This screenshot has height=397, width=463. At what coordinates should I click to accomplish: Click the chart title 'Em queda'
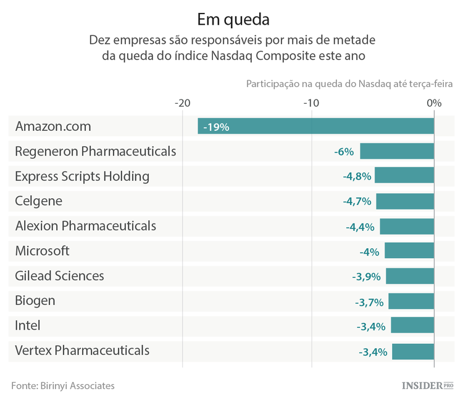pyautogui.click(x=233, y=19)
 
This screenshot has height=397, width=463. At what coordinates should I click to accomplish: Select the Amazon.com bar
pyautogui.click(x=315, y=126)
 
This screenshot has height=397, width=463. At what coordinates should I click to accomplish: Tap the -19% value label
pyautogui.click(x=216, y=127)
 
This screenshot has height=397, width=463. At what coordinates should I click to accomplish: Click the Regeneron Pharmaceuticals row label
pyautogui.click(x=96, y=151)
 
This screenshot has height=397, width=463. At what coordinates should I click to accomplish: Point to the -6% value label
pyautogui.click(x=343, y=152)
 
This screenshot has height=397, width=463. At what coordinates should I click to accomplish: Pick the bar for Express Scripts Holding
pyautogui.click(x=404, y=176)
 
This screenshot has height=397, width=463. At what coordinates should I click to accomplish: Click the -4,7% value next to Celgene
pyautogui.click(x=357, y=201)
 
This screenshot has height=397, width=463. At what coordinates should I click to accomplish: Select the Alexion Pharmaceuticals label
pyautogui.click(x=85, y=226)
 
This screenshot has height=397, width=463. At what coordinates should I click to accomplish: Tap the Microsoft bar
pyautogui.click(x=409, y=251)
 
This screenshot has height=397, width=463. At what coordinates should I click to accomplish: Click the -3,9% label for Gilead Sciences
pyautogui.click(x=366, y=277)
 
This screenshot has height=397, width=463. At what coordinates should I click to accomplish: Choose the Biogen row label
pyautogui.click(x=35, y=301)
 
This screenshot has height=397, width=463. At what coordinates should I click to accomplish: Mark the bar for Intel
pyautogui.click(x=412, y=325)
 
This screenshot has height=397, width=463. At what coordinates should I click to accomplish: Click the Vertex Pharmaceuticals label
pyautogui.click(x=82, y=351)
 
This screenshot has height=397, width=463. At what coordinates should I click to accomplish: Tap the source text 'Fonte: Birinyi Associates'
pyautogui.click(x=63, y=385)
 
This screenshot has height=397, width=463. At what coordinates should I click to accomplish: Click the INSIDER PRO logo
pyautogui.click(x=423, y=385)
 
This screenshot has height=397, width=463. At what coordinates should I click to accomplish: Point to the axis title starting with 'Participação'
pyautogui.click(x=349, y=83)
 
